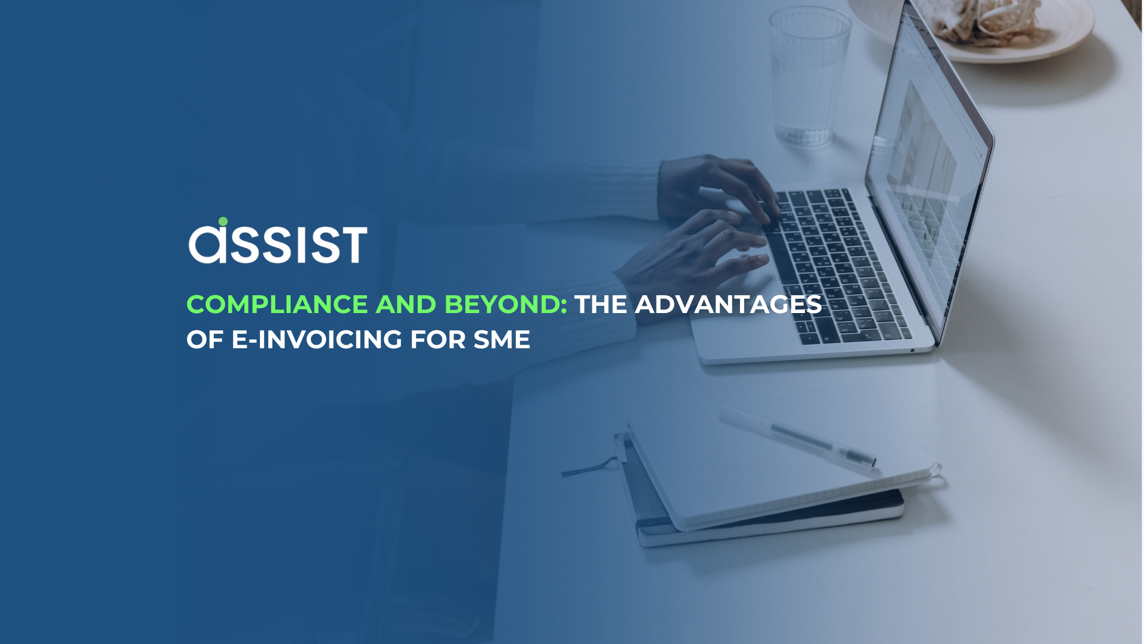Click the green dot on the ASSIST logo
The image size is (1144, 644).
(223, 222)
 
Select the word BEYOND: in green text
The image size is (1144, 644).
(505, 305)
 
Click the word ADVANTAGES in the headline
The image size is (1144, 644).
(728, 305)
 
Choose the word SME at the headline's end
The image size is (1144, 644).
(501, 340)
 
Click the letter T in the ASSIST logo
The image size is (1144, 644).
(352, 244)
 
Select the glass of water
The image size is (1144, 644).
(809, 78)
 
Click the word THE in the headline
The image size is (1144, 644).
(601, 305)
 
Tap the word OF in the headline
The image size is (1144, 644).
(204, 340)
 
